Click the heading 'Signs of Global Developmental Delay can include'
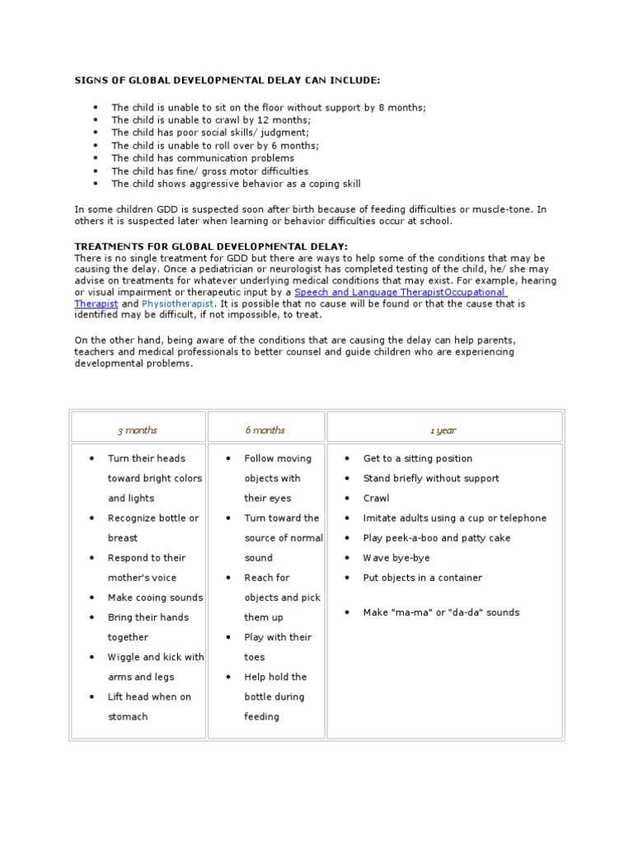[x=228, y=80]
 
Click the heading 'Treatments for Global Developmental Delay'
[x=212, y=246]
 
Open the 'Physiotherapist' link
[x=178, y=303]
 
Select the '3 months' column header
[x=138, y=430]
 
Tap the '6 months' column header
[x=265, y=430]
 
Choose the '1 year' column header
[x=443, y=430]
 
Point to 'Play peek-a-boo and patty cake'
[x=437, y=538]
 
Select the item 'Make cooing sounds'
[x=155, y=598]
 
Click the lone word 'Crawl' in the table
[x=377, y=499]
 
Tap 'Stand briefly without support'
[x=431, y=479]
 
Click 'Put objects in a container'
[x=423, y=578]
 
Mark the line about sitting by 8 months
[x=257, y=108]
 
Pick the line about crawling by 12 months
[x=211, y=120]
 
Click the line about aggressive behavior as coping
[x=236, y=184]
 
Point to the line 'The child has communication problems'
[x=203, y=158]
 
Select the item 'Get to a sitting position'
[x=418, y=459]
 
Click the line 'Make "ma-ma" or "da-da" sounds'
[x=442, y=612]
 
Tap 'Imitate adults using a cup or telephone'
[x=455, y=518]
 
